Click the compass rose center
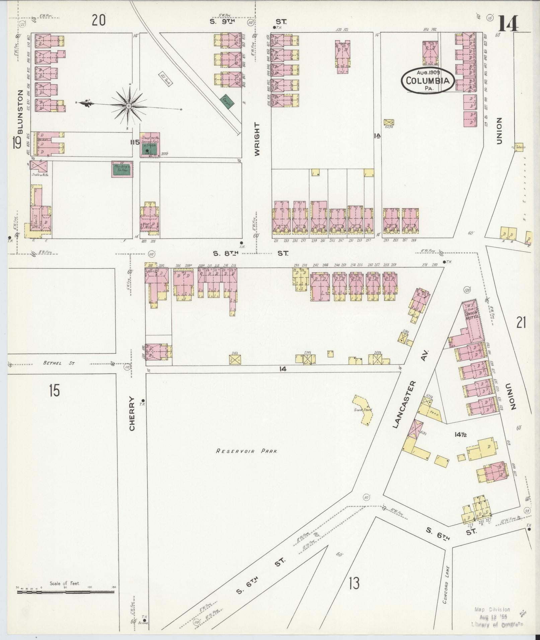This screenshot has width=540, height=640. pos(129,106)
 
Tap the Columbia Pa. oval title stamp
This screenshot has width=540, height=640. pos(428,81)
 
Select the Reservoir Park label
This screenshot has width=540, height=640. pos(247,451)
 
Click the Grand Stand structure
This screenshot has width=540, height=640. pos(363,409)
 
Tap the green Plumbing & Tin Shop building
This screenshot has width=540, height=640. pos(122,170)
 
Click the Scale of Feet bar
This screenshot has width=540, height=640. pos(65,592)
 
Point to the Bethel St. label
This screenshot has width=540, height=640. pos(59,363)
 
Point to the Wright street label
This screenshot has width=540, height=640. pos(257,139)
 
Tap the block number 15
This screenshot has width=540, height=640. pos(54,390)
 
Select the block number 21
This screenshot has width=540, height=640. pos(521,323)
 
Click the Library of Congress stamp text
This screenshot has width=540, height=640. pos(498,624)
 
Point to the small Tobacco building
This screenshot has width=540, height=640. pos(519,147)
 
